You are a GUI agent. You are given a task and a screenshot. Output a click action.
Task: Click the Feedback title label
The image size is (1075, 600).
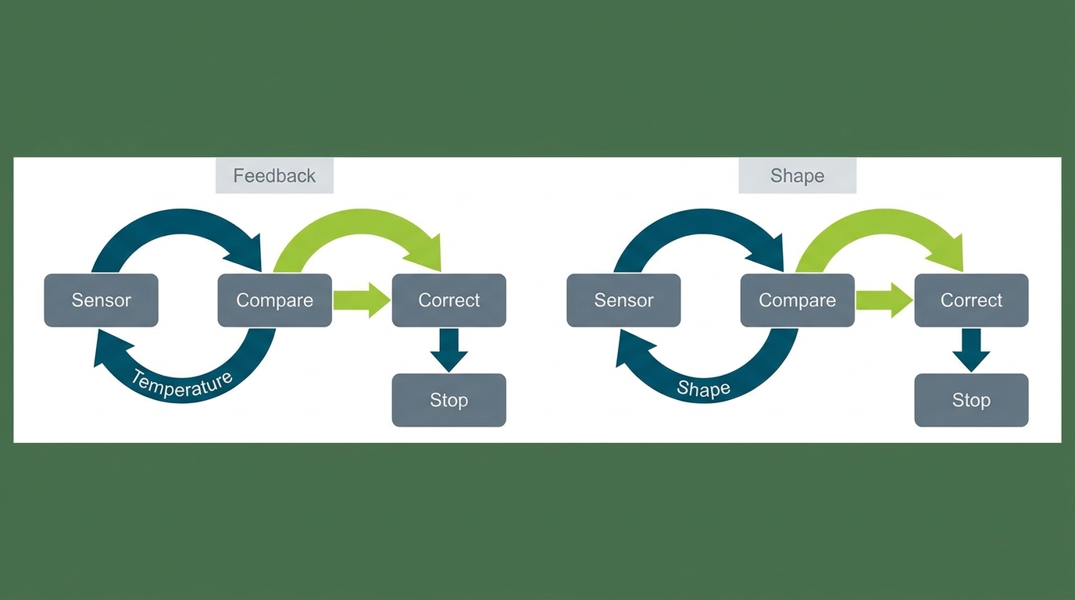tap(274, 176)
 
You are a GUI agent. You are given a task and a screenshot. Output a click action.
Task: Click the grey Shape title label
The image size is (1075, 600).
tap(797, 176)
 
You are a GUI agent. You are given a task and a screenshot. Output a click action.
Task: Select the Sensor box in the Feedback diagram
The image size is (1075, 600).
tap(102, 301)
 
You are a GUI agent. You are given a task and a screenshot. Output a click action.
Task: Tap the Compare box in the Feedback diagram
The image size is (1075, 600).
tap(274, 301)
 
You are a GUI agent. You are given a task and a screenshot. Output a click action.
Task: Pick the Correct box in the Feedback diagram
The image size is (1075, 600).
tap(448, 301)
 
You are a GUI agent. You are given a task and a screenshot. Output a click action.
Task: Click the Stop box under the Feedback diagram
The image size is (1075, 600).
tap(448, 400)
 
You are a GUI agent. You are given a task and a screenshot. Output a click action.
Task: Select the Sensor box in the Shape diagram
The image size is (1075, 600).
tap(623, 301)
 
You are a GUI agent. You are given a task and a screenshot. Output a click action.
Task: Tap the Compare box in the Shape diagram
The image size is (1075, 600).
tap(797, 301)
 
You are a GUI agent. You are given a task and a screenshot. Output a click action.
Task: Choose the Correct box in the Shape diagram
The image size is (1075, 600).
tap(971, 301)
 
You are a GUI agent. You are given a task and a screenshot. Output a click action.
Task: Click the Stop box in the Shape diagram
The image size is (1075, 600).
tap(971, 400)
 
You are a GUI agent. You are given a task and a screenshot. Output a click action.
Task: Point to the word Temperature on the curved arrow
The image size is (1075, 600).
tap(182, 385)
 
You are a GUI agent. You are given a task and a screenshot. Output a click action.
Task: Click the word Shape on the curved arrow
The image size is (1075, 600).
tap(704, 387)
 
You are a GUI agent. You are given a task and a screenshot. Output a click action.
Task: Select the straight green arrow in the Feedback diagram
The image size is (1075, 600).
tap(362, 301)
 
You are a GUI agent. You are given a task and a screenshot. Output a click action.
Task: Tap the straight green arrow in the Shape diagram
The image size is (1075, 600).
tap(884, 301)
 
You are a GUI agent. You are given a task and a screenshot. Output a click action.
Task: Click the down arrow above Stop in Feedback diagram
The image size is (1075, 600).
tap(448, 350)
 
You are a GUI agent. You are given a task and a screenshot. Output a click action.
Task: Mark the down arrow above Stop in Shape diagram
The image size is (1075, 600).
tap(971, 350)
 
